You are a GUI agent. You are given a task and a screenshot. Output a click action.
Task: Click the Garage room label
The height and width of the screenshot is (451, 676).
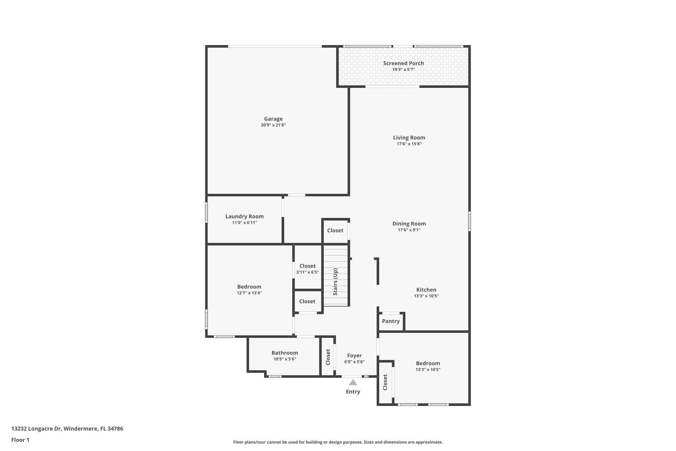point(273,119)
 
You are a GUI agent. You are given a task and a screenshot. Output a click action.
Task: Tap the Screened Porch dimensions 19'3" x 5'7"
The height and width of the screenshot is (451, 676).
point(403,70)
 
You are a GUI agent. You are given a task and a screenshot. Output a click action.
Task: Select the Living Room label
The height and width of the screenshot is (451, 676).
point(409,138)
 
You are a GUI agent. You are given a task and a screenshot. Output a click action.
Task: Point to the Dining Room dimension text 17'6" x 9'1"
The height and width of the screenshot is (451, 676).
point(409,230)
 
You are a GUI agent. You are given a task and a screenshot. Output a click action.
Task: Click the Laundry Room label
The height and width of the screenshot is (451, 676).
point(245,216)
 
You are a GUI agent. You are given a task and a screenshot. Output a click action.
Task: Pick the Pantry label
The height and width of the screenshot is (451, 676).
point(391,321)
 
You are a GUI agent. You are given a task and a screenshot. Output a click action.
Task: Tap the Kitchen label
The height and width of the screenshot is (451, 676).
point(426,290)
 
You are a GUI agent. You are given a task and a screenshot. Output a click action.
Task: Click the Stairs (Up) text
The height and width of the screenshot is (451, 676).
point(335,282)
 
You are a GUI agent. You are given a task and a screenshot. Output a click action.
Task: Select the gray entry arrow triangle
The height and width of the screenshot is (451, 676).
point(353,382)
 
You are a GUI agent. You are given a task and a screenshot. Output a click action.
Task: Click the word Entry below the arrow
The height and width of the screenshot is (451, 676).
point(353,392)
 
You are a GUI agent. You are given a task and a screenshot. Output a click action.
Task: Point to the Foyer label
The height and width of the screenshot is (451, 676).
point(355,356)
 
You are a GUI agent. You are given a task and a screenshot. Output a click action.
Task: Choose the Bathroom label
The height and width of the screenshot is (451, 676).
point(285,353)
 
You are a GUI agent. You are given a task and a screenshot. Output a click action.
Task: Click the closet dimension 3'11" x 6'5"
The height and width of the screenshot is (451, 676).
point(307,272)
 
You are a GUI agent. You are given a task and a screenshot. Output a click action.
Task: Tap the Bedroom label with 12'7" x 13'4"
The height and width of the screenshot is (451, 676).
point(249,287)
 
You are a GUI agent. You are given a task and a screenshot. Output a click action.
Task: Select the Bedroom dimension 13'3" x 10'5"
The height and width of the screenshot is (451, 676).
point(428,370)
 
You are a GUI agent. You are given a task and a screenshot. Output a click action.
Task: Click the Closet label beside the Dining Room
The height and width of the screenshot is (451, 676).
point(335,231)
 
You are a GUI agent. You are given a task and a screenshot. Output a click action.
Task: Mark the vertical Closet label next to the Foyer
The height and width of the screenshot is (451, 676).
point(328,357)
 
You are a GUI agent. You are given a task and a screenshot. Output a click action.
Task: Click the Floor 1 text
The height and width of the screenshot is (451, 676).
point(20,440)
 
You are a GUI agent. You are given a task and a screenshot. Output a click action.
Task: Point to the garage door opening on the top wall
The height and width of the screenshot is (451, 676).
point(275,46)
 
